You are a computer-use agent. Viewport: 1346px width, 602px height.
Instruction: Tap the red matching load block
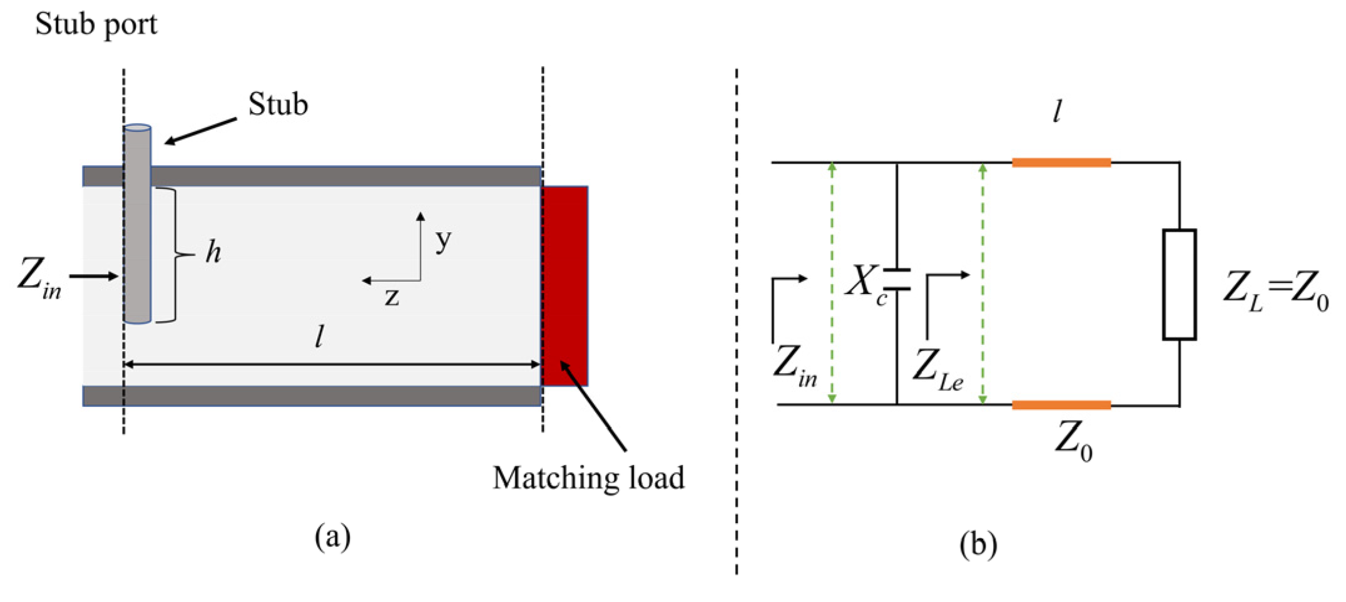click(x=564, y=285)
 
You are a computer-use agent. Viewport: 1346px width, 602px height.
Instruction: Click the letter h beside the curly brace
click(x=213, y=252)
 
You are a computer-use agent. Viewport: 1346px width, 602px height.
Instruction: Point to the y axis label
click(x=443, y=240)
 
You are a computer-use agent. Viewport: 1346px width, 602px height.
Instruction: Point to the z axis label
click(x=392, y=297)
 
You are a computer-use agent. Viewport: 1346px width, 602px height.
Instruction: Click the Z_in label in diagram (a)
click(x=39, y=277)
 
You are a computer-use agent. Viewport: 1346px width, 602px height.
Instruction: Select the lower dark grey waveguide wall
click(x=313, y=395)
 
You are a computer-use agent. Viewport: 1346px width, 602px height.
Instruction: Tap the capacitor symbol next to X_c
click(x=897, y=280)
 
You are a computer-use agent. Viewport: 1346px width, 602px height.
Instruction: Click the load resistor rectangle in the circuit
click(x=1179, y=285)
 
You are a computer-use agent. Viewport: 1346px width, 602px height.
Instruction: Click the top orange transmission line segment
click(x=1061, y=163)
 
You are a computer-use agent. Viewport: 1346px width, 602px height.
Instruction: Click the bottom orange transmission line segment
click(x=1061, y=405)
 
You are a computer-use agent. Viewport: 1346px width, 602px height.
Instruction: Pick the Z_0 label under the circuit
click(x=1073, y=441)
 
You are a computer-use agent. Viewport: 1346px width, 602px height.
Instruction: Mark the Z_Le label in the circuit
click(x=937, y=369)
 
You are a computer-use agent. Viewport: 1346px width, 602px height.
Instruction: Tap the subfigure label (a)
click(x=332, y=537)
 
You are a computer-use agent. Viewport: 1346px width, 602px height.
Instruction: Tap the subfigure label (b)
click(x=978, y=544)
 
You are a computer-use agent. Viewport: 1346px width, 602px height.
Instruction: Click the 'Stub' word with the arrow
click(x=278, y=105)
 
